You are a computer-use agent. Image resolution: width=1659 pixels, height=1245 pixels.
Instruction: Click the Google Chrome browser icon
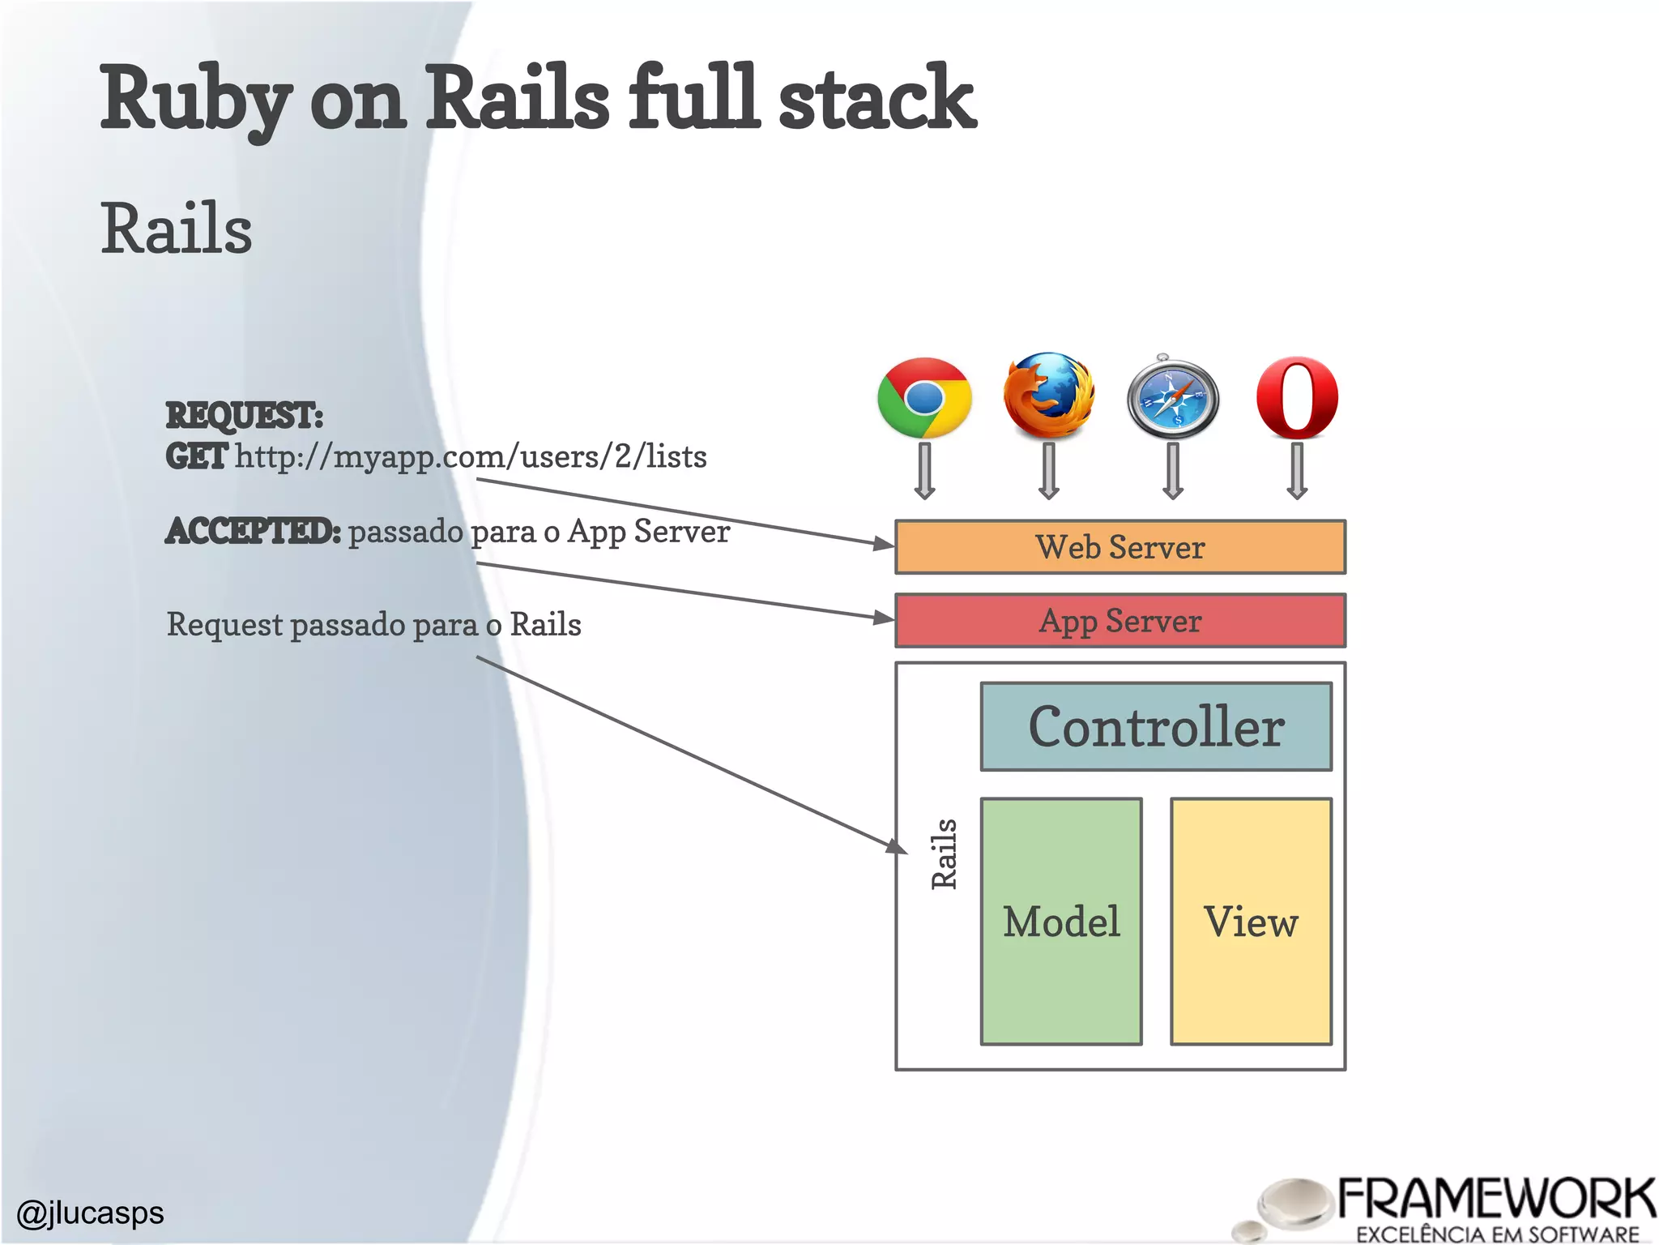click(x=924, y=398)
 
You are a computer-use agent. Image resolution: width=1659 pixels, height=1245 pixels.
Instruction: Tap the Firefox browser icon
click(x=1048, y=396)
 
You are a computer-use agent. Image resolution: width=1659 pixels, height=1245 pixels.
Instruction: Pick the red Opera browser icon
click(x=1297, y=398)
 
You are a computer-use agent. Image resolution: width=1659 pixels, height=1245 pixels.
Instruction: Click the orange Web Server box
click(x=1120, y=547)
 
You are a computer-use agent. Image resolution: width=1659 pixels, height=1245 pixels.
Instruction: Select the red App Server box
click(x=1120, y=621)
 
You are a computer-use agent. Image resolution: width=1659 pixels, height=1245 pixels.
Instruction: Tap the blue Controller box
click(x=1155, y=726)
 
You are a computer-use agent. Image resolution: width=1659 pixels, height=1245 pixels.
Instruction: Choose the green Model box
click(x=1061, y=922)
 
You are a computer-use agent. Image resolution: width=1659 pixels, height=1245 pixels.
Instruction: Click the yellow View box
click(x=1251, y=922)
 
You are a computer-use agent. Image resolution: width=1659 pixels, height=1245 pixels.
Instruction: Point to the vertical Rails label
click(x=944, y=854)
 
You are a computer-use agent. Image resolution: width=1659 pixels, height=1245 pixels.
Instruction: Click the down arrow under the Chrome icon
click(x=924, y=471)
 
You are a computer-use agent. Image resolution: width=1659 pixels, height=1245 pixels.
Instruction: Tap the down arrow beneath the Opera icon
click(x=1297, y=471)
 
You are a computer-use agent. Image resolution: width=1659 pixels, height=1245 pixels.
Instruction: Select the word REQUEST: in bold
click(x=244, y=416)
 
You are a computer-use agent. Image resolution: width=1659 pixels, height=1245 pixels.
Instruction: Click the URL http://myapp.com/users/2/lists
click(x=471, y=456)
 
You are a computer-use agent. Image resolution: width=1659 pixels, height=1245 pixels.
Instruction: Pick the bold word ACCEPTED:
click(x=253, y=532)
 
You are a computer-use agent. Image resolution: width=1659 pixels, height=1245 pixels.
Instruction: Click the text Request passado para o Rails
click(x=373, y=625)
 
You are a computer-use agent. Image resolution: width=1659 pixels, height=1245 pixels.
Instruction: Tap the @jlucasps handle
click(x=90, y=1213)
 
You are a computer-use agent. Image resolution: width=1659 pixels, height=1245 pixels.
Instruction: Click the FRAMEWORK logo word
click(x=1495, y=1200)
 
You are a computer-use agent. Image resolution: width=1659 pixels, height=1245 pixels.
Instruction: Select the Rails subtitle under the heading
click(x=176, y=229)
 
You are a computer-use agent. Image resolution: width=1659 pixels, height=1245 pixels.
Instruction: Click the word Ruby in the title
click(x=194, y=98)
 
